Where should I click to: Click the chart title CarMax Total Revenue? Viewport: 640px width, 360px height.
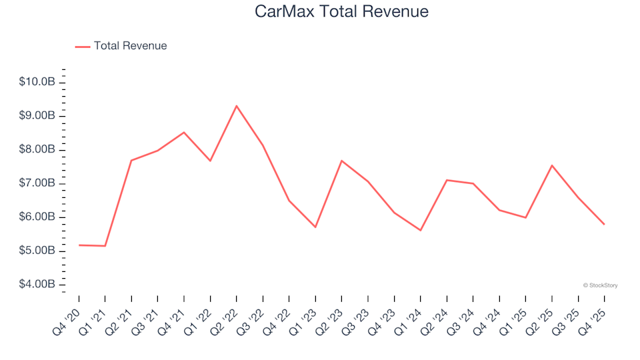341,12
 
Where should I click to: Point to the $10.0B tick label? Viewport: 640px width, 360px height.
37,82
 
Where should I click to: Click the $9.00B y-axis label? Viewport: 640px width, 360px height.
37,116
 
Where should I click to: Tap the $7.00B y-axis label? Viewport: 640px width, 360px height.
37,183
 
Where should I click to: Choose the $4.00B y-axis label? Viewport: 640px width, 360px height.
37,285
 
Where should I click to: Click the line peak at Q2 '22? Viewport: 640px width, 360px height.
237,105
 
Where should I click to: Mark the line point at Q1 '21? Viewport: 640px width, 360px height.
105,246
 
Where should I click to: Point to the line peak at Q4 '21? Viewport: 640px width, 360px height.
184,132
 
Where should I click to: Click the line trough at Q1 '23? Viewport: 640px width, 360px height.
315,227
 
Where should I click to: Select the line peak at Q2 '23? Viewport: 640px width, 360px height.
341,161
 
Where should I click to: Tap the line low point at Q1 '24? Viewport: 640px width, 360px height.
421,231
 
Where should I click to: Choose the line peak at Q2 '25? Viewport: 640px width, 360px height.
552,165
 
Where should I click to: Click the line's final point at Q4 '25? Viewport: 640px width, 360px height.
604,224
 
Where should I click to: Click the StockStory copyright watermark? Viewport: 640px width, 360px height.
600,285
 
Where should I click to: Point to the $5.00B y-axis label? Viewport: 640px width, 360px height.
37,251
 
